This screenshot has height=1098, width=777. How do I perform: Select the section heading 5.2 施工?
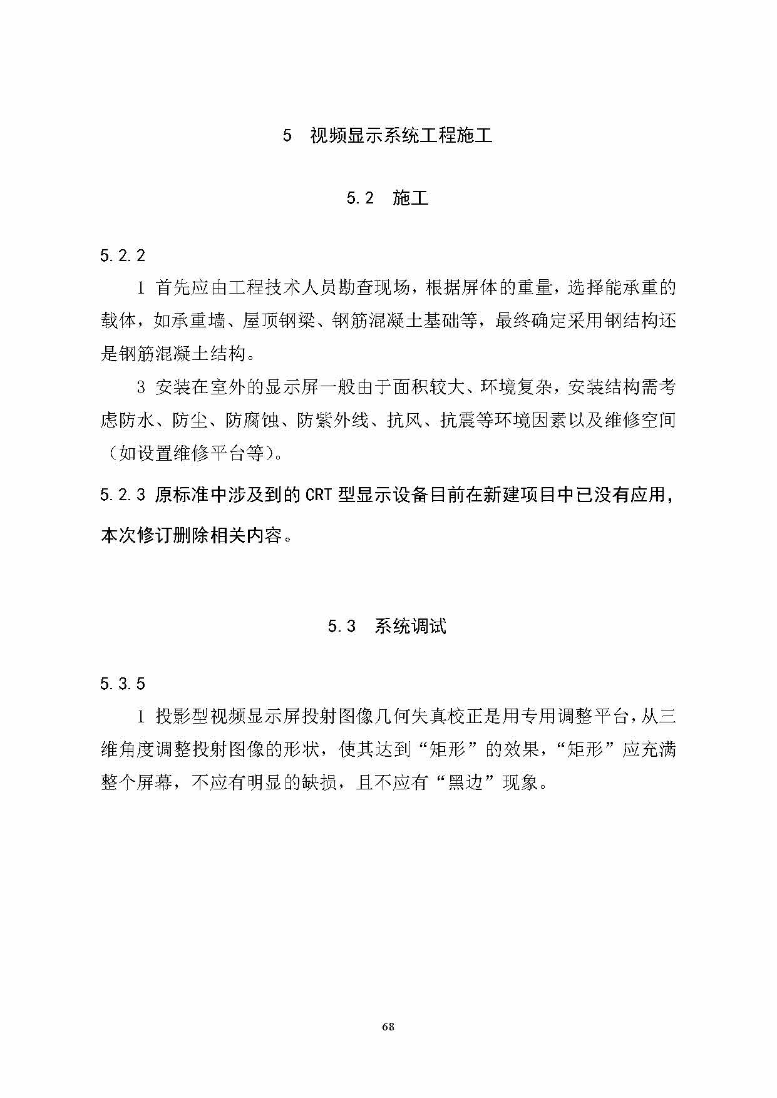point(388,198)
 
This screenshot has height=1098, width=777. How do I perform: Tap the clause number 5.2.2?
point(123,255)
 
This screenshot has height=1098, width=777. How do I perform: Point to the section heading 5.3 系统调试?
point(387,626)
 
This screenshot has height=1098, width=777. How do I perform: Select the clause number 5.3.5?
point(123,684)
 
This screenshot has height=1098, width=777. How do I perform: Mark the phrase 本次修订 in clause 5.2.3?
point(136,536)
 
